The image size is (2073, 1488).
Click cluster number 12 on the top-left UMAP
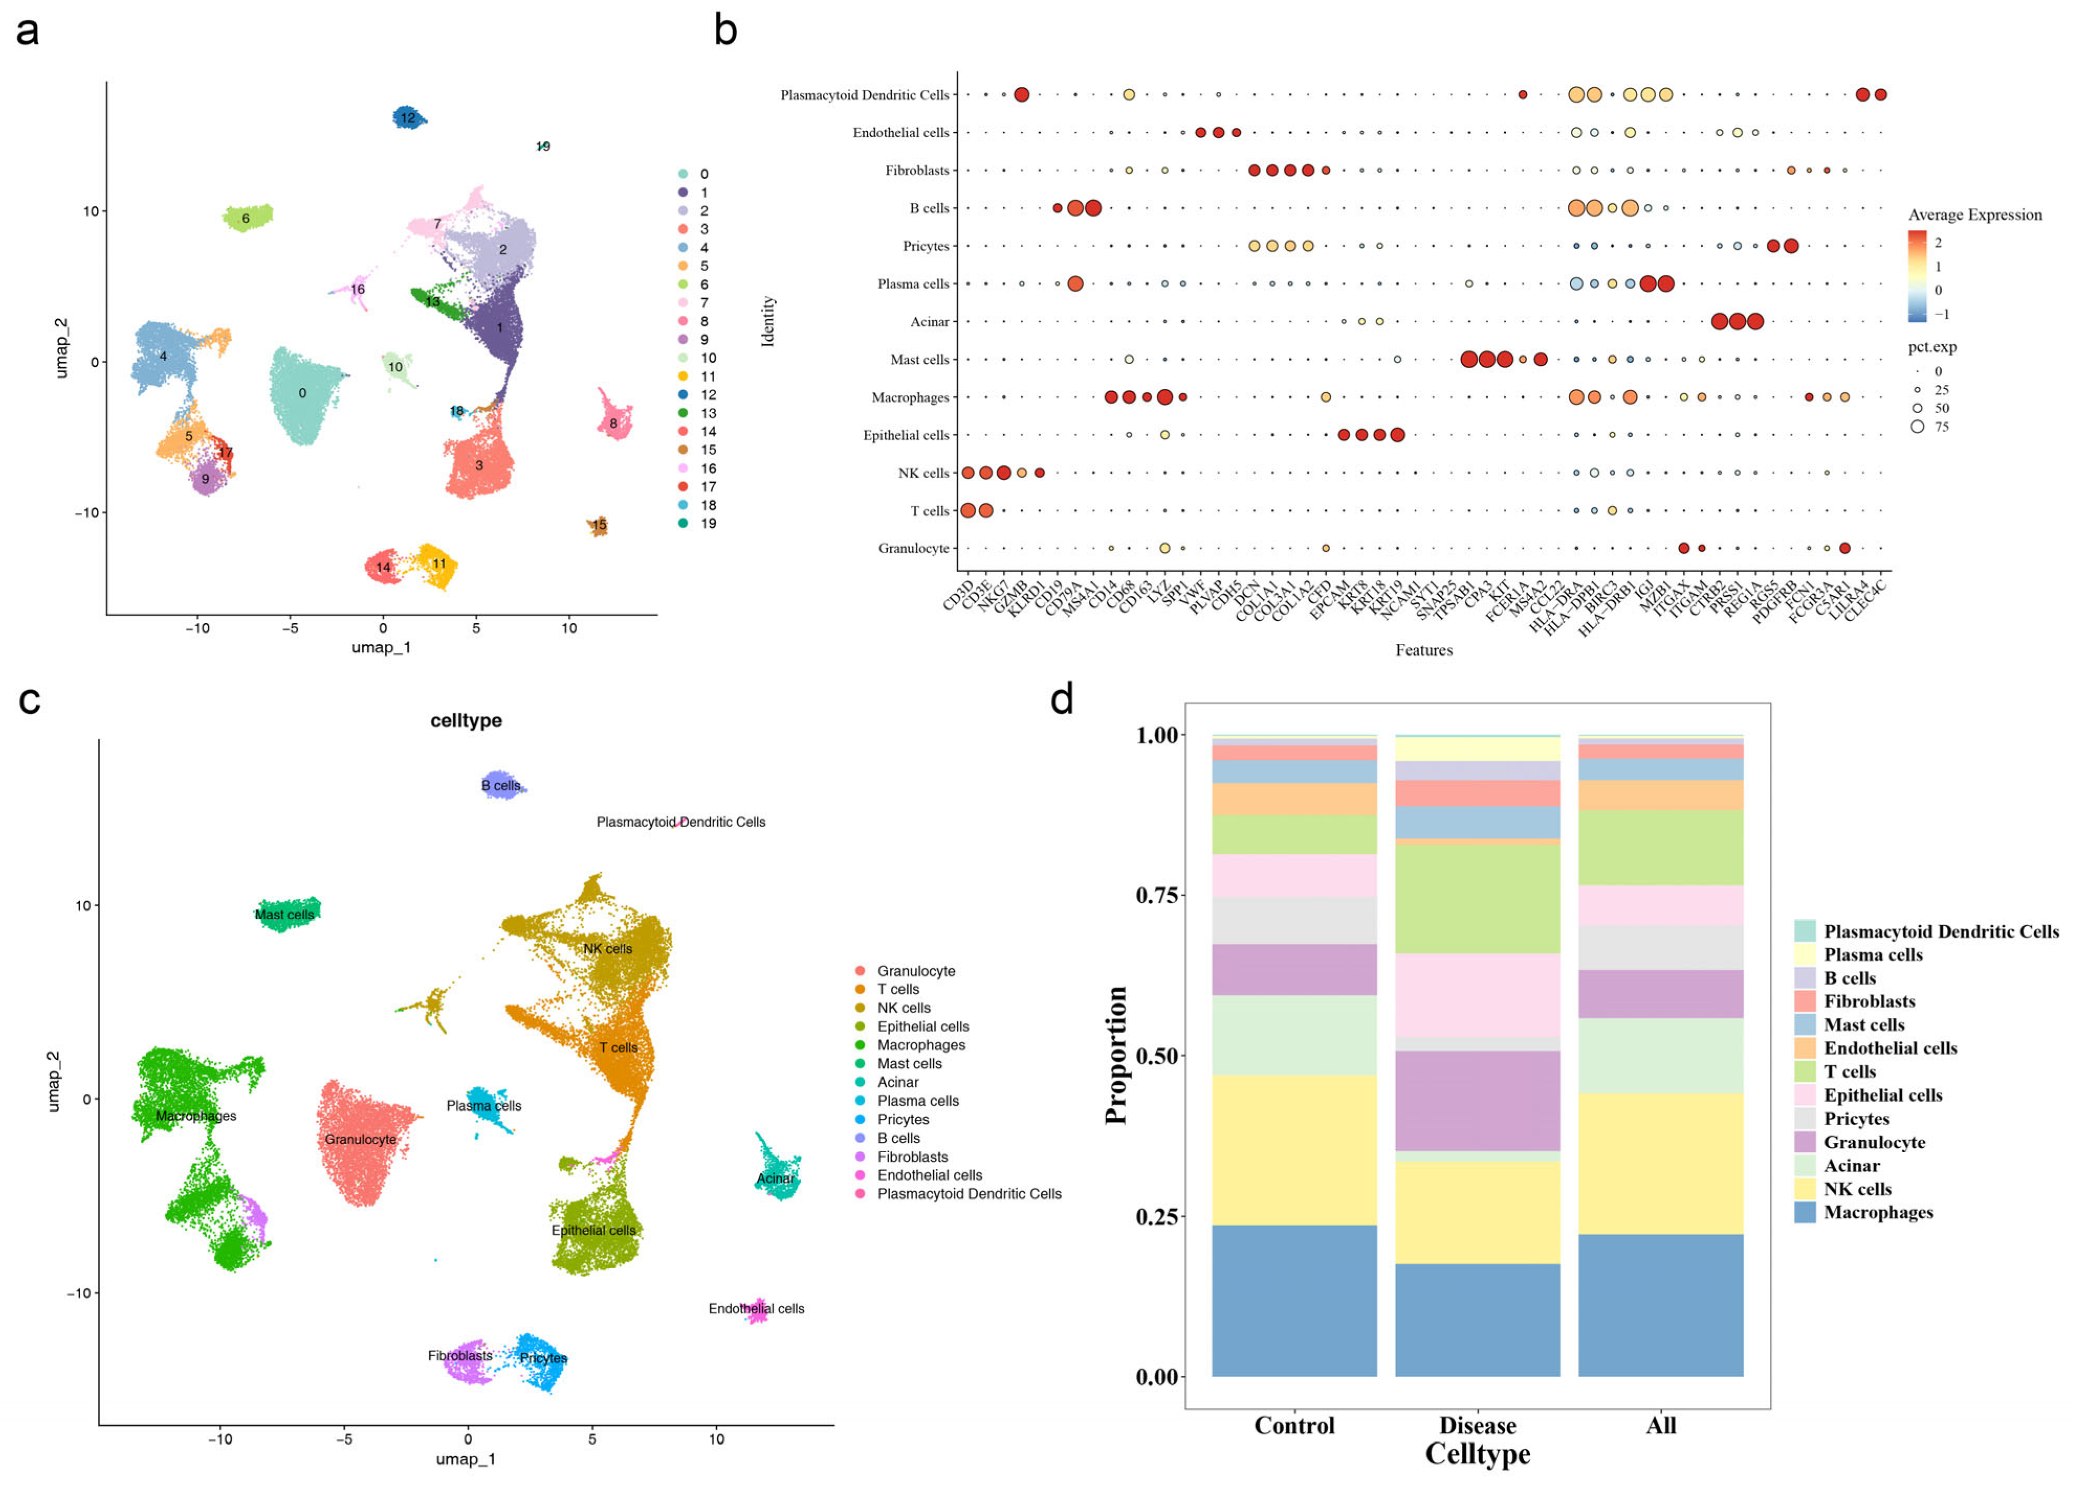(x=408, y=118)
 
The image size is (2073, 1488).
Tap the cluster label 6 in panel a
(x=245, y=218)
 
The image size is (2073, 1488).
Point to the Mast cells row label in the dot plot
(x=920, y=359)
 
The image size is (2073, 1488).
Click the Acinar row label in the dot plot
(x=930, y=321)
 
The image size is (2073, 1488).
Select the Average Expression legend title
(x=1974, y=215)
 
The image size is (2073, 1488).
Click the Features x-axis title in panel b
(x=1423, y=650)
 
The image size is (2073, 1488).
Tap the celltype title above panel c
(x=466, y=720)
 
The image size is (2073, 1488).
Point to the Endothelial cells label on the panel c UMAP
(x=756, y=1309)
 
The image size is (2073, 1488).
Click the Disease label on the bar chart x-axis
(x=1477, y=1425)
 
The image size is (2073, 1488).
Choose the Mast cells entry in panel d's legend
(x=1864, y=1025)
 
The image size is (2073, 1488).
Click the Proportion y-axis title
(x=1116, y=1055)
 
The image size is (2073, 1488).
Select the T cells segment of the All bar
(x=1660, y=847)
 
